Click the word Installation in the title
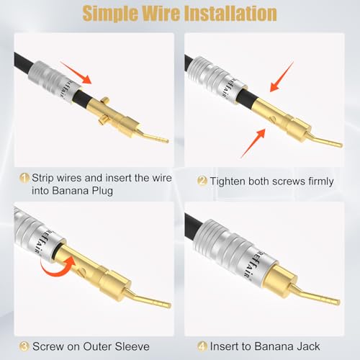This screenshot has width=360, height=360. tap(231, 14)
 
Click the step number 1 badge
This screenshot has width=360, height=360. tap(24, 179)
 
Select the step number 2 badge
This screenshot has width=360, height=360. tap(202, 181)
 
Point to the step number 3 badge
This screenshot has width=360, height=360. tap(24, 346)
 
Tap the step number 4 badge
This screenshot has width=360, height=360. tap(202, 346)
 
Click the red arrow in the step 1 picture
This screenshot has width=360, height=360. tap(76, 73)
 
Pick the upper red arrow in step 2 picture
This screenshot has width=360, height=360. tap(282, 77)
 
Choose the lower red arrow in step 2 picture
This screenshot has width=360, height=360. tap(253, 143)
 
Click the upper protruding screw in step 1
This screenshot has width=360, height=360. tap(105, 100)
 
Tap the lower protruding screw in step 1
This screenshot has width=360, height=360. tap(103, 120)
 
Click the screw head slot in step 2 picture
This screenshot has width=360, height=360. tap(272, 119)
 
